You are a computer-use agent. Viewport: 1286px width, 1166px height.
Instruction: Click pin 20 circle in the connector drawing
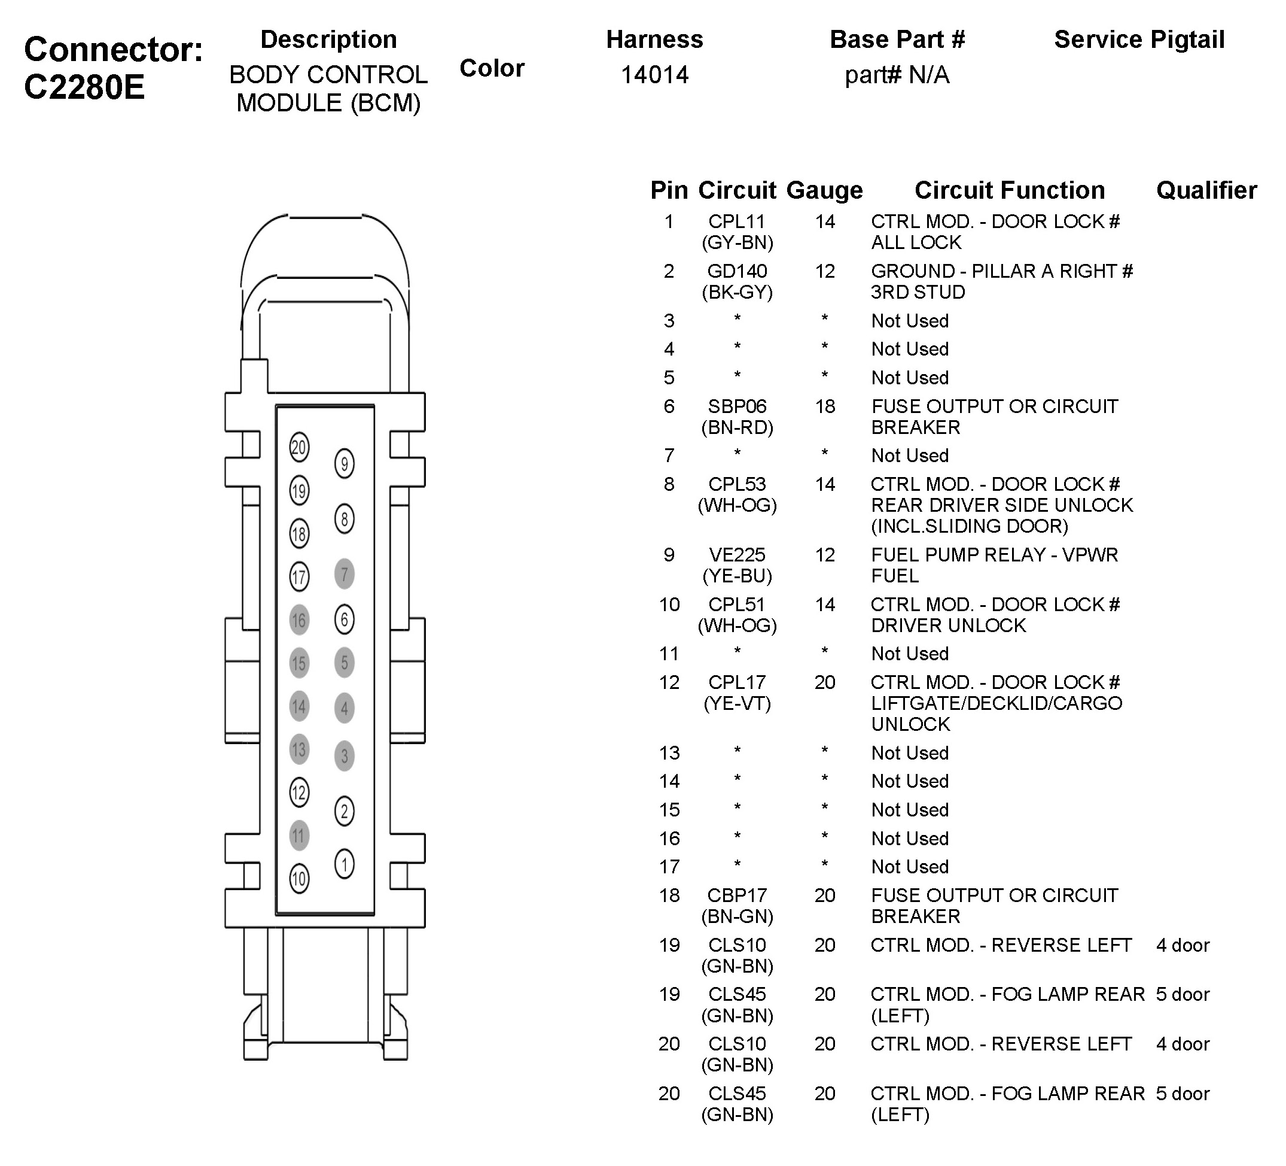tap(299, 447)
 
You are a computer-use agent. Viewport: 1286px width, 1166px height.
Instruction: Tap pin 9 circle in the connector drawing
tap(345, 463)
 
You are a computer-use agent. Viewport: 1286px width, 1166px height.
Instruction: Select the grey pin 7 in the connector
tap(345, 574)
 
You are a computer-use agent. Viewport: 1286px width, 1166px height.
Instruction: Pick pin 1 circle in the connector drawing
tap(345, 864)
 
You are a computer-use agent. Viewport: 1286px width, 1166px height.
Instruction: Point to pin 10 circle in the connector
tap(299, 879)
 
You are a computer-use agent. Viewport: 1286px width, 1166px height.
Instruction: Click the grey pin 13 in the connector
tap(299, 749)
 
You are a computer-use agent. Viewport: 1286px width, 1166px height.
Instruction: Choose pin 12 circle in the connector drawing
tap(299, 792)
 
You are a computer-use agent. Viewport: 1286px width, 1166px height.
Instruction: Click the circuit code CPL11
tap(737, 221)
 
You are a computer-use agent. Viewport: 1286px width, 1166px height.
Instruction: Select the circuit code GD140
tap(737, 271)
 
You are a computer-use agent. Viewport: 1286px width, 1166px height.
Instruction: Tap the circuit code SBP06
tap(737, 406)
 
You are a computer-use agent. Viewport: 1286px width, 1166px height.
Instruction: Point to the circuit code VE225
tap(737, 555)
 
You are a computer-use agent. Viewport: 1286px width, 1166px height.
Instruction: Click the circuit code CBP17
tap(737, 895)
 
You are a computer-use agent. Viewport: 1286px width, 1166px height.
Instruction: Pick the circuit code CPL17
tap(737, 682)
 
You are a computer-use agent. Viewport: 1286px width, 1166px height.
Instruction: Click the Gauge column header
tap(824, 190)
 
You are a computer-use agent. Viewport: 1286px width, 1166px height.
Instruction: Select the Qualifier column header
tap(1206, 190)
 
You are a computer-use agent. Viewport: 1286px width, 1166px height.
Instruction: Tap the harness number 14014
tap(654, 75)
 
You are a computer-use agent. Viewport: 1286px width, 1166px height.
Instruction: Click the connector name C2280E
tap(85, 87)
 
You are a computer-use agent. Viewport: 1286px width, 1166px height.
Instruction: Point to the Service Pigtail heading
tap(1139, 40)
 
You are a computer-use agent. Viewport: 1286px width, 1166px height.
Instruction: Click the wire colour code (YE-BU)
tap(737, 576)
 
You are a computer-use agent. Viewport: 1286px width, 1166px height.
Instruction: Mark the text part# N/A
tap(897, 75)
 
